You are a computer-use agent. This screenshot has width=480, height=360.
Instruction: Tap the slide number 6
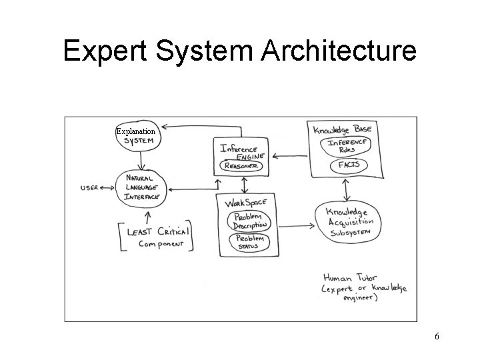(437, 336)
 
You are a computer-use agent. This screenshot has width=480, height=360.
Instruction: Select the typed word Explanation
(135, 131)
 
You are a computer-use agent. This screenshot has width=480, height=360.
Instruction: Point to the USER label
(89, 188)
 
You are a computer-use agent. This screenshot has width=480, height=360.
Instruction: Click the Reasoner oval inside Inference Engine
(243, 165)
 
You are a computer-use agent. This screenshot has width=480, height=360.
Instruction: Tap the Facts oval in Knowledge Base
(347, 164)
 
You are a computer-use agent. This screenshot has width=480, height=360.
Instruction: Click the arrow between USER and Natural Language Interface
(107, 188)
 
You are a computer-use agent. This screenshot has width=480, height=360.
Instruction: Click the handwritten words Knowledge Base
(343, 128)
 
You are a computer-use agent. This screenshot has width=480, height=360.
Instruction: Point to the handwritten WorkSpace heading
(245, 202)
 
